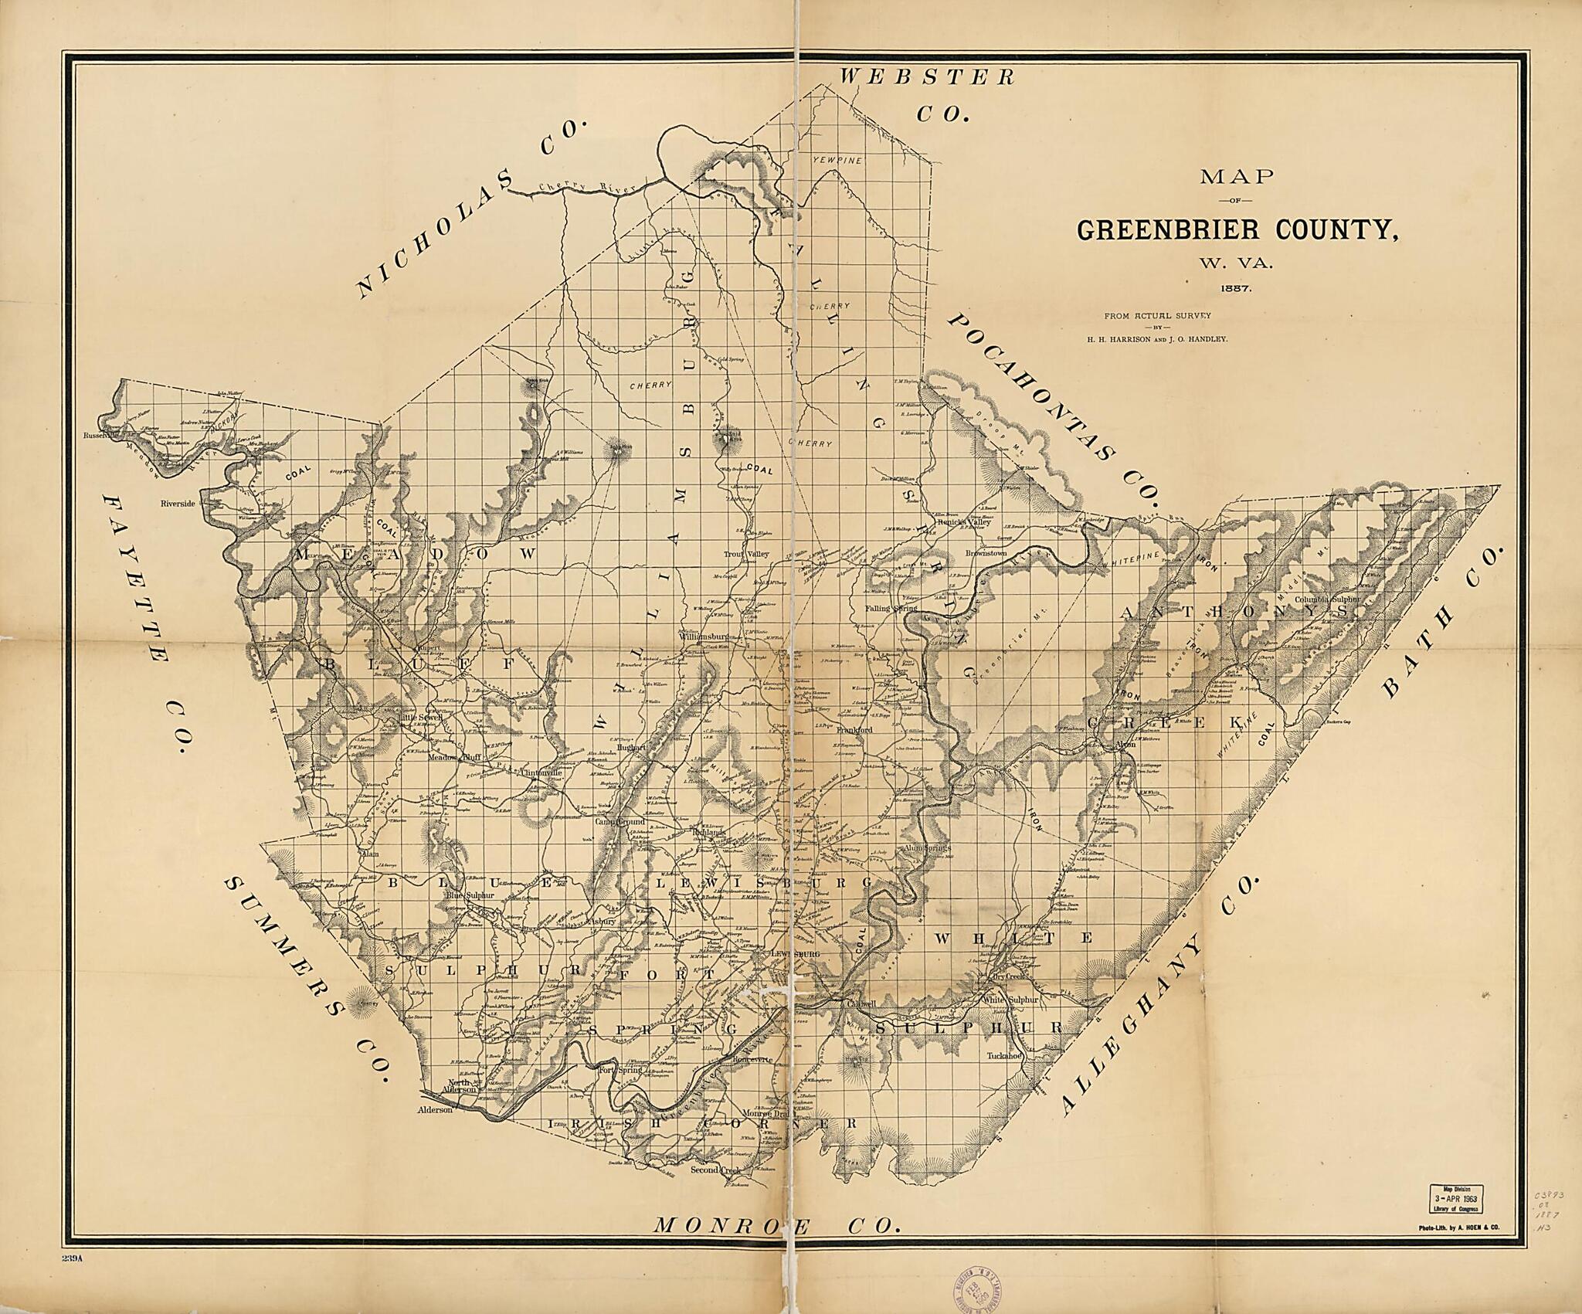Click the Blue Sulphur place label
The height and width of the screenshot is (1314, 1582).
469,895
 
